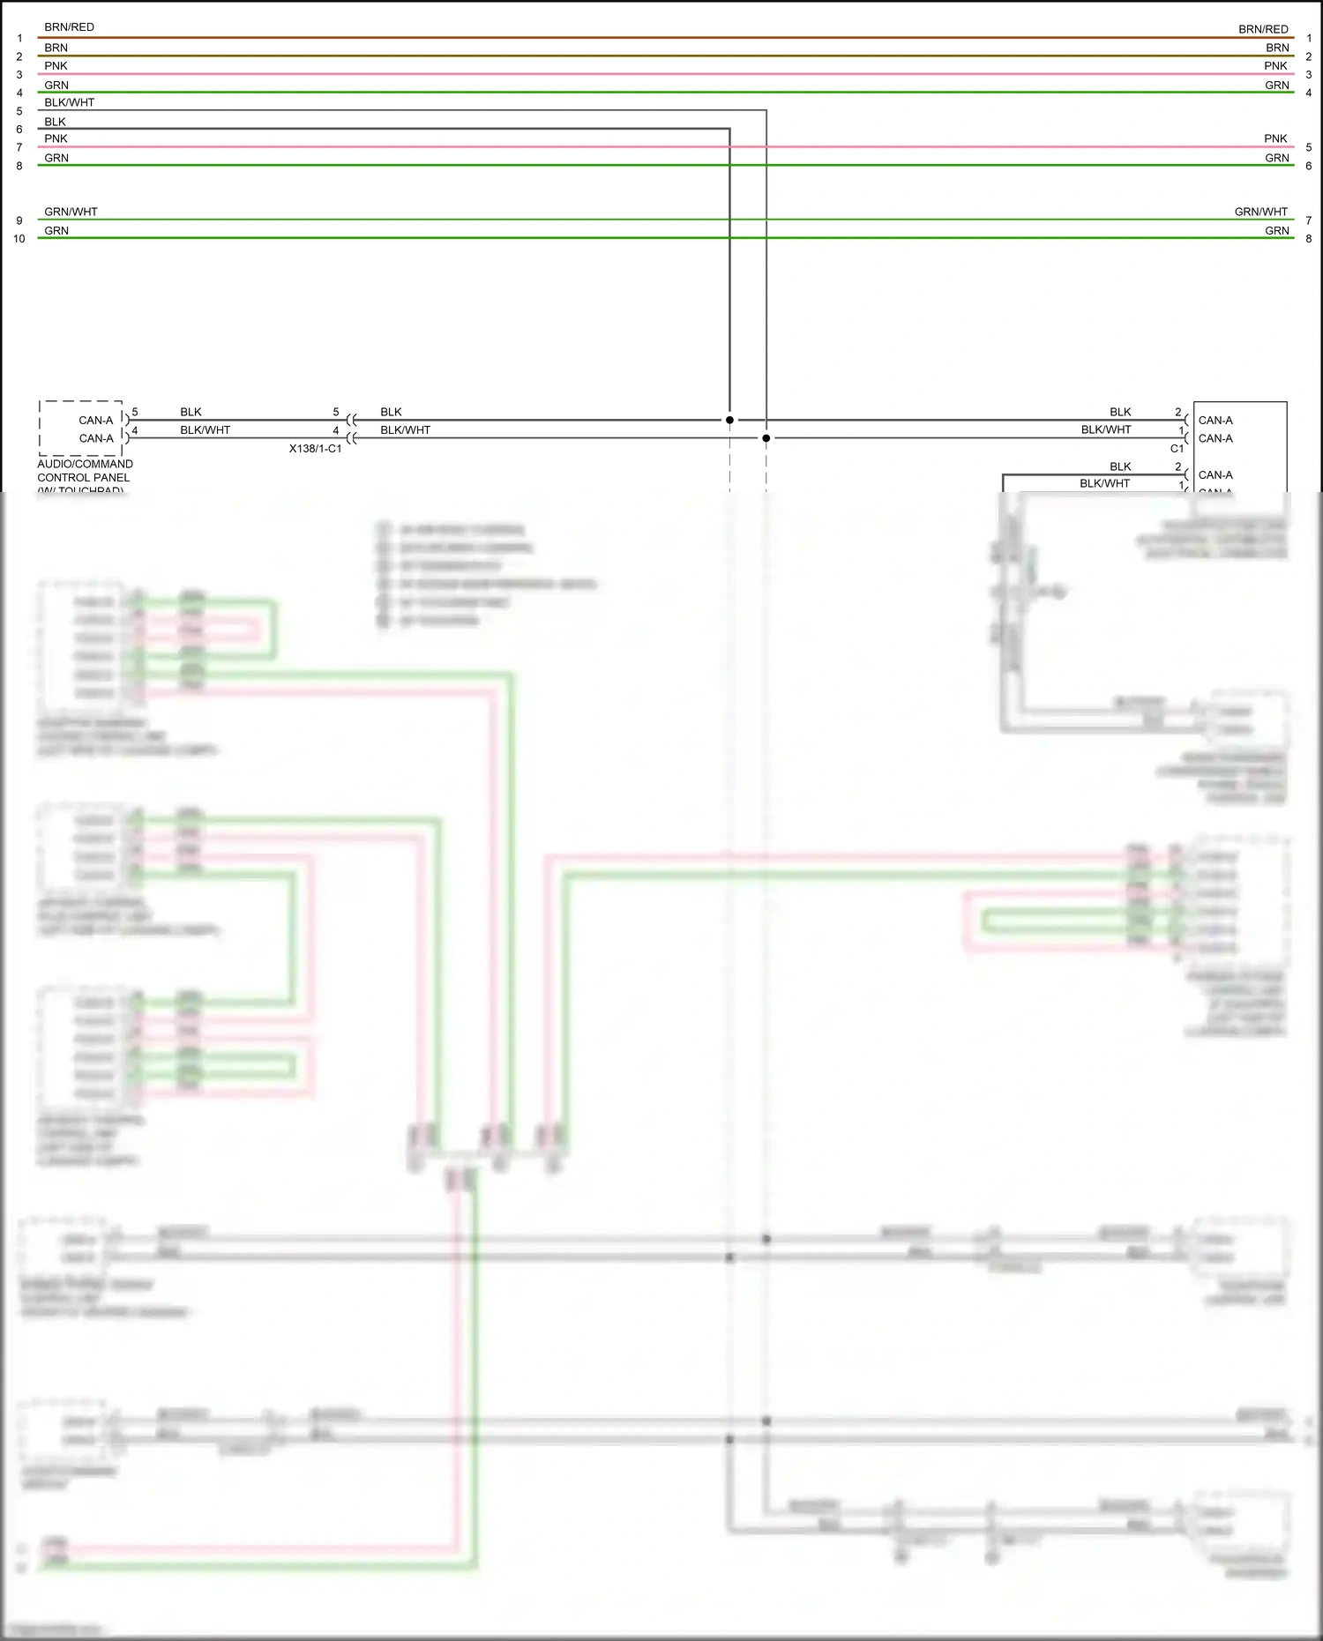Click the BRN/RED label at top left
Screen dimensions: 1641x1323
(69, 27)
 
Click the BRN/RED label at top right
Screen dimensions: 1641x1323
(1262, 29)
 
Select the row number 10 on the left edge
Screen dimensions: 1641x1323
(19, 239)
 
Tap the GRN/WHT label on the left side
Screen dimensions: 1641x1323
(71, 212)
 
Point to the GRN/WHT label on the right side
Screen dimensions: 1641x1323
(1260, 212)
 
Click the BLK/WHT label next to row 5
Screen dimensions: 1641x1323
(69, 102)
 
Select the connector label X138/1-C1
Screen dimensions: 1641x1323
(315, 449)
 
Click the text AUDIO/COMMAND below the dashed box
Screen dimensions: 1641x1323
(85, 464)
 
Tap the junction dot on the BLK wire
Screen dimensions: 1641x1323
(729, 420)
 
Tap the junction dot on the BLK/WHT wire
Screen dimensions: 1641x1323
(766, 438)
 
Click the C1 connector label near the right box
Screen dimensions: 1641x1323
(1177, 449)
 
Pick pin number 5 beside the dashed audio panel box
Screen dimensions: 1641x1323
(135, 412)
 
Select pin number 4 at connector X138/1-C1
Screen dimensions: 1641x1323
(335, 430)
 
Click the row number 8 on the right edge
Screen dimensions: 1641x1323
(1308, 239)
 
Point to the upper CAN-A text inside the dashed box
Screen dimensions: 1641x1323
(96, 421)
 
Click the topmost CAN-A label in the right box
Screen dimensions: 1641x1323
(1215, 421)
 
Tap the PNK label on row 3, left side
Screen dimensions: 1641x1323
(56, 66)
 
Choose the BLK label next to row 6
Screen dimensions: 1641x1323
(55, 122)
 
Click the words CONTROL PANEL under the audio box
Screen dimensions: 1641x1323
(83, 478)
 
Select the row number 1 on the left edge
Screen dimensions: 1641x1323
(19, 39)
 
